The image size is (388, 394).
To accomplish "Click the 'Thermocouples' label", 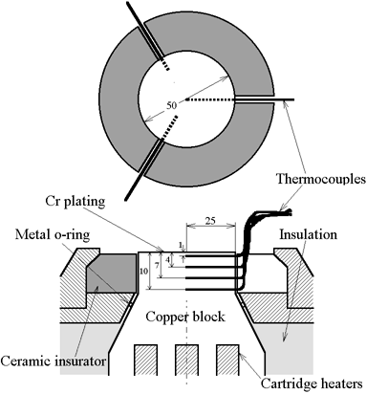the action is pos(321,179).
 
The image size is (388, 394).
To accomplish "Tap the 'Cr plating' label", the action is pos(75,201).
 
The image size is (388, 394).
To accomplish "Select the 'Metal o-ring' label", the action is pos(53,234).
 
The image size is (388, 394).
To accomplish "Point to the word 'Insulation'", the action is pos(308,234).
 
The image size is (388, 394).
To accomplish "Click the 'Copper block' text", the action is pos(185,317).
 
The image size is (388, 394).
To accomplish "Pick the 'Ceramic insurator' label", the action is pos(54,361).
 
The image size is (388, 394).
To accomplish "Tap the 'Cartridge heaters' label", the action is pos(312,383).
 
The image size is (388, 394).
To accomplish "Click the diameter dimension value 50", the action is pos(171,105).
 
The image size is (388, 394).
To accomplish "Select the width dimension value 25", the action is pos(210,221).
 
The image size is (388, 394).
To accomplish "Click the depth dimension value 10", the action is pos(143,271).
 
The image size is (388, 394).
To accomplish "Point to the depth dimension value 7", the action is pos(157,266).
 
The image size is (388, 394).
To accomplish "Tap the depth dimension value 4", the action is pos(167,260).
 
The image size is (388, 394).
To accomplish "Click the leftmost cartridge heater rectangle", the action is pos(146,360).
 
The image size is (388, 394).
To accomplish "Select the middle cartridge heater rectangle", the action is pos(187,360).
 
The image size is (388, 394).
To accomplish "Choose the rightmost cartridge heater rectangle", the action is pos(227,360).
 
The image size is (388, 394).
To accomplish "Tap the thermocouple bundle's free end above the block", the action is pos(290,212).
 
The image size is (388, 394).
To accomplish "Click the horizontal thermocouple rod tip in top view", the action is pos(292,99).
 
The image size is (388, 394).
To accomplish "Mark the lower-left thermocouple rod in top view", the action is pos(144,169).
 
